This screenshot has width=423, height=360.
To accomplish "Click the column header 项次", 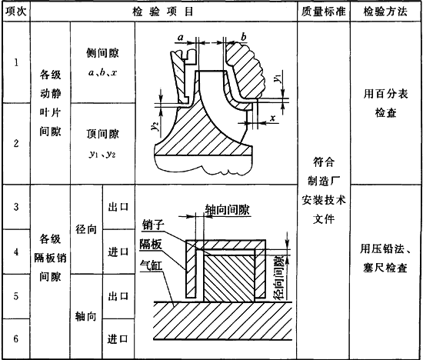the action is point(16,12).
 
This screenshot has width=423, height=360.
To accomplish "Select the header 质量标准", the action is point(324,12).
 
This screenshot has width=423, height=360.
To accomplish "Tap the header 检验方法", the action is point(385,12).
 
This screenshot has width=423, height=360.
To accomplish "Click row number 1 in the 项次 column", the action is point(16,62).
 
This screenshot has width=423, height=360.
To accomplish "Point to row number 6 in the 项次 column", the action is point(16,338).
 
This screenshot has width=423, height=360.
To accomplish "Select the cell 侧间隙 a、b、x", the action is point(102,62).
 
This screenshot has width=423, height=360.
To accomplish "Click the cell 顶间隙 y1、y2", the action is point(102,144).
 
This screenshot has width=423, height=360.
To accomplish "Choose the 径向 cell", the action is point(86,229).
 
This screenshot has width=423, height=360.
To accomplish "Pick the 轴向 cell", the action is point(86,317).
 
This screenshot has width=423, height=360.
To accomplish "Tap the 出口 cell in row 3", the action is point(118,207).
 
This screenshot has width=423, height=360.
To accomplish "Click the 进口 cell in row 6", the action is point(118,339).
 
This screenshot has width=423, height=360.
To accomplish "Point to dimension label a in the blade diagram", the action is point(181,37).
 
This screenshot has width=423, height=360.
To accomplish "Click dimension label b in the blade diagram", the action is point(244,36).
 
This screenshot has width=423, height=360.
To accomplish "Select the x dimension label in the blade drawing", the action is point(273,118).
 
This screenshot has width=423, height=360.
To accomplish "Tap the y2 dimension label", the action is point(155,126).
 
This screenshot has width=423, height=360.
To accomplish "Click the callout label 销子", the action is point(153,225).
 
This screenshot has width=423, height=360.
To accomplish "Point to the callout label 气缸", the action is point(151,266).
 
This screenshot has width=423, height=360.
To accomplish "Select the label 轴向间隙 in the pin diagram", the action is point(227,210).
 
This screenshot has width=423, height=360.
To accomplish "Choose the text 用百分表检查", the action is point(385,103).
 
